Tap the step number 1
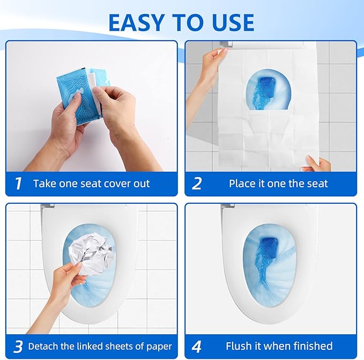point(18,183)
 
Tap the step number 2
point(197,183)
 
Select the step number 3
point(18,346)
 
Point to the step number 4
point(197,346)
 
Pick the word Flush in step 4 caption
point(239,346)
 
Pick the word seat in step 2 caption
point(313,183)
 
